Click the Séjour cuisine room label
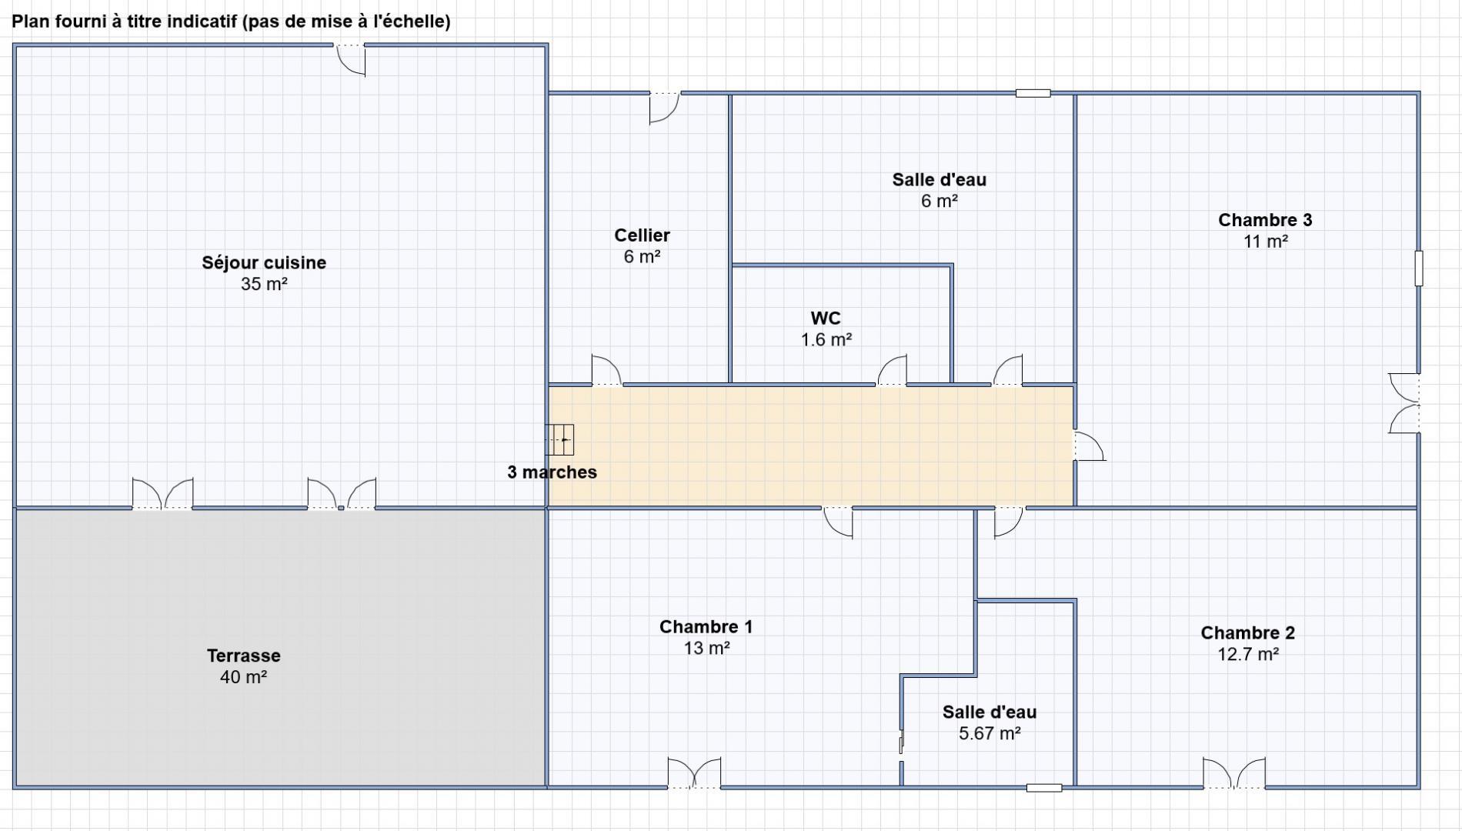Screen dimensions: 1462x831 point(264,262)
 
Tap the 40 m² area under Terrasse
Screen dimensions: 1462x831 point(243,677)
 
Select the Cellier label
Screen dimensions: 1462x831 point(642,235)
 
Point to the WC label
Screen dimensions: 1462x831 point(826,318)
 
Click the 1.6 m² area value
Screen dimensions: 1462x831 point(826,339)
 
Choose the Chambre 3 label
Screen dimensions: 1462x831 point(1265,220)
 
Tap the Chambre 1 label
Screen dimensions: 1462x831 point(706,627)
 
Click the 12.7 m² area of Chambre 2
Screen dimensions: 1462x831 point(1247,654)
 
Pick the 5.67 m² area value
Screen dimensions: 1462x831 point(990,733)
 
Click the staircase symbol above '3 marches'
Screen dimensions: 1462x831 point(560,439)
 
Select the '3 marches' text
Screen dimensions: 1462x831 point(552,472)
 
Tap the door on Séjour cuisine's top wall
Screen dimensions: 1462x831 point(350,59)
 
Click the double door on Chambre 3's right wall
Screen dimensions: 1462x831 point(1404,403)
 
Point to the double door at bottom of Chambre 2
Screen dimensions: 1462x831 point(1234,773)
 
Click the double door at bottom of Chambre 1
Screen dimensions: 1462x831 point(694,773)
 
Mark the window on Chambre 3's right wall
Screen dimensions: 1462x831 point(1419,268)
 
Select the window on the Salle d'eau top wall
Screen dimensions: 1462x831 point(1033,93)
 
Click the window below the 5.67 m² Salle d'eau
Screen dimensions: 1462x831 point(1044,788)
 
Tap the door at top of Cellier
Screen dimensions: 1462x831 point(665,108)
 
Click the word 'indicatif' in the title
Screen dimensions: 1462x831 point(200,22)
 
